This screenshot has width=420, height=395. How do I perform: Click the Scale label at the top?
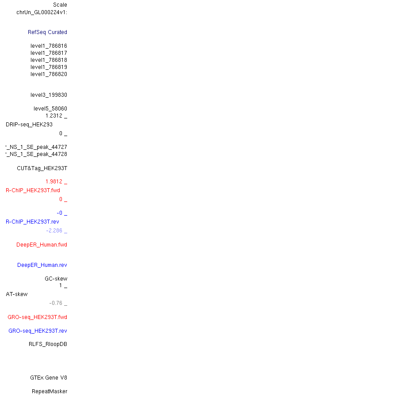point(60,5)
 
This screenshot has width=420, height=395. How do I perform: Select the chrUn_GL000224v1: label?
point(42,12)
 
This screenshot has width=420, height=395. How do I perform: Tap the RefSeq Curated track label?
point(47,32)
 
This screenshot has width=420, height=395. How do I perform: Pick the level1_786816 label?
point(49,46)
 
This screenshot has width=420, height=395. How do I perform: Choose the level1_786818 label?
point(49,60)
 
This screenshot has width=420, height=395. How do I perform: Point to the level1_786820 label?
point(49,74)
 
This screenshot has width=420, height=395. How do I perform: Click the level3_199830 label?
point(49,95)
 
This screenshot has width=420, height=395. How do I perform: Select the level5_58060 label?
point(50,109)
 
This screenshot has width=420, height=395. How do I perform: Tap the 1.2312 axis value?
point(54,116)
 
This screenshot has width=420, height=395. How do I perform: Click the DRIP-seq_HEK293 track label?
point(29,125)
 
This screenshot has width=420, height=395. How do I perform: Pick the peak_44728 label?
point(36,154)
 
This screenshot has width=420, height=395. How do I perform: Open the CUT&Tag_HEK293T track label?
point(42,168)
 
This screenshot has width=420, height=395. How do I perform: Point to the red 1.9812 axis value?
point(54,182)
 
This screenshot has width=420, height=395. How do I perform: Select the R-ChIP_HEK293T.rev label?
point(32,222)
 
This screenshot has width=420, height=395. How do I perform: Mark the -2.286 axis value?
point(54,231)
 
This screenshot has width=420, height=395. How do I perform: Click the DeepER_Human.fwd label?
point(42,245)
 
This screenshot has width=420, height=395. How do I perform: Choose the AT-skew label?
point(17,294)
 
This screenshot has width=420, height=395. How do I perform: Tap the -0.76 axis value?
point(56,303)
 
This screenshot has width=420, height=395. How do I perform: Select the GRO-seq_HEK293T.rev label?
point(38,331)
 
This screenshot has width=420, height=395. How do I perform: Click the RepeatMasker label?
point(50,391)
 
